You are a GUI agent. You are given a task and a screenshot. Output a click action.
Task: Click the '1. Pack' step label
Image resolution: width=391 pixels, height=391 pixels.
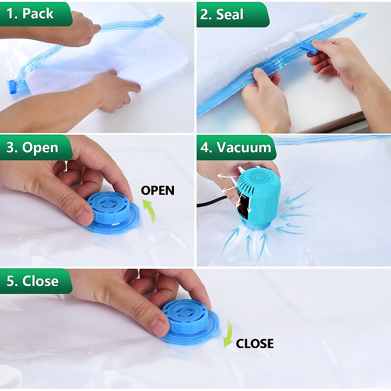[x=30, y=14]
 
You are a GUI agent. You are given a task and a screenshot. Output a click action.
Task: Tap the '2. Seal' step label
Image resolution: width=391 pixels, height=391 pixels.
[x=222, y=14]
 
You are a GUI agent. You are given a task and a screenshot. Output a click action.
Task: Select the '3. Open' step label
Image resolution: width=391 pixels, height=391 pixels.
[x=33, y=148]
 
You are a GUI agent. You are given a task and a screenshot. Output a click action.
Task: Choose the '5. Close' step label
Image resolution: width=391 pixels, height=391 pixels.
[x=33, y=281]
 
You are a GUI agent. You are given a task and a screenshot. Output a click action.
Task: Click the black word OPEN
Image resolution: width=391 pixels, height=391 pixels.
[x=158, y=191]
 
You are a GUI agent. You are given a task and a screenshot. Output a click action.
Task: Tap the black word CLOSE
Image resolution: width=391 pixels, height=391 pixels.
[x=254, y=344]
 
